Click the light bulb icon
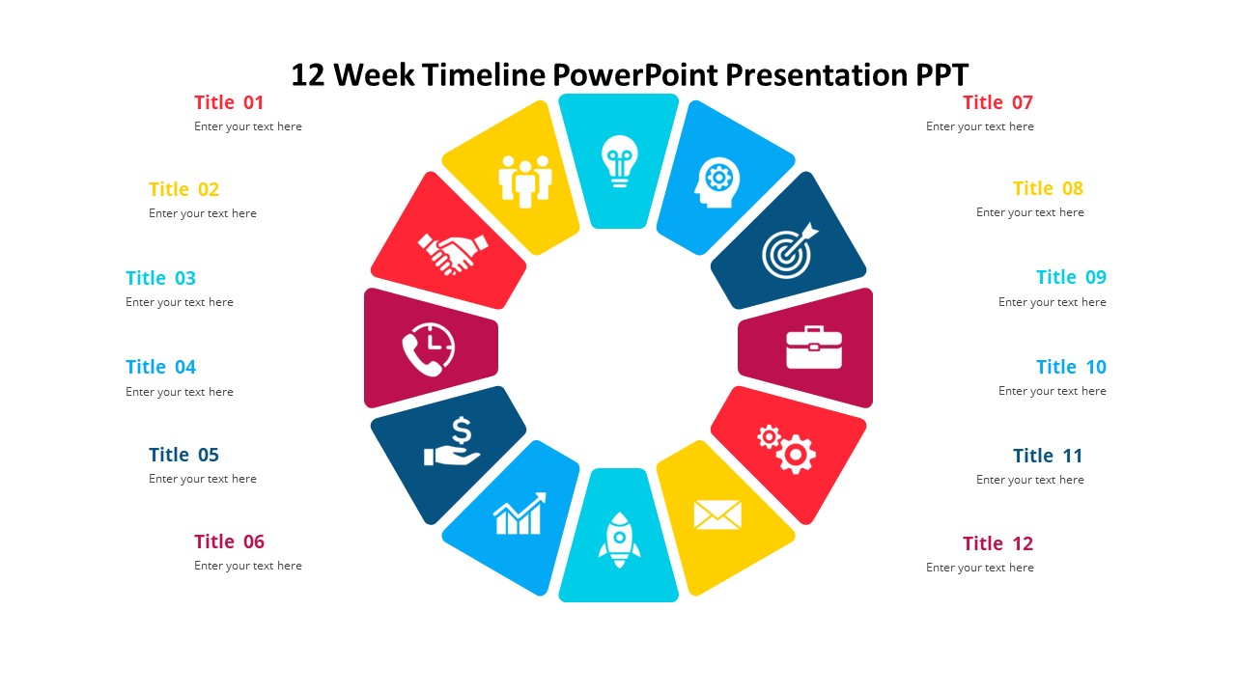(x=619, y=161)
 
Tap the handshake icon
(x=453, y=254)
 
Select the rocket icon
(x=619, y=540)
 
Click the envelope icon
(x=717, y=514)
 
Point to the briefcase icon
(x=814, y=347)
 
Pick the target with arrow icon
(x=790, y=250)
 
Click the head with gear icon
(x=716, y=182)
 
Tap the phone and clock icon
(x=428, y=349)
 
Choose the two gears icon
(x=786, y=449)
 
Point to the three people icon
(x=525, y=181)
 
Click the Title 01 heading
(x=229, y=102)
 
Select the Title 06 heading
(x=229, y=542)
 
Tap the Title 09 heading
(x=1071, y=277)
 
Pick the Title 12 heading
(x=997, y=543)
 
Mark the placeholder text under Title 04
(x=180, y=392)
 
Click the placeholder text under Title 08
(x=1029, y=212)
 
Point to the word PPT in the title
(x=941, y=74)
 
